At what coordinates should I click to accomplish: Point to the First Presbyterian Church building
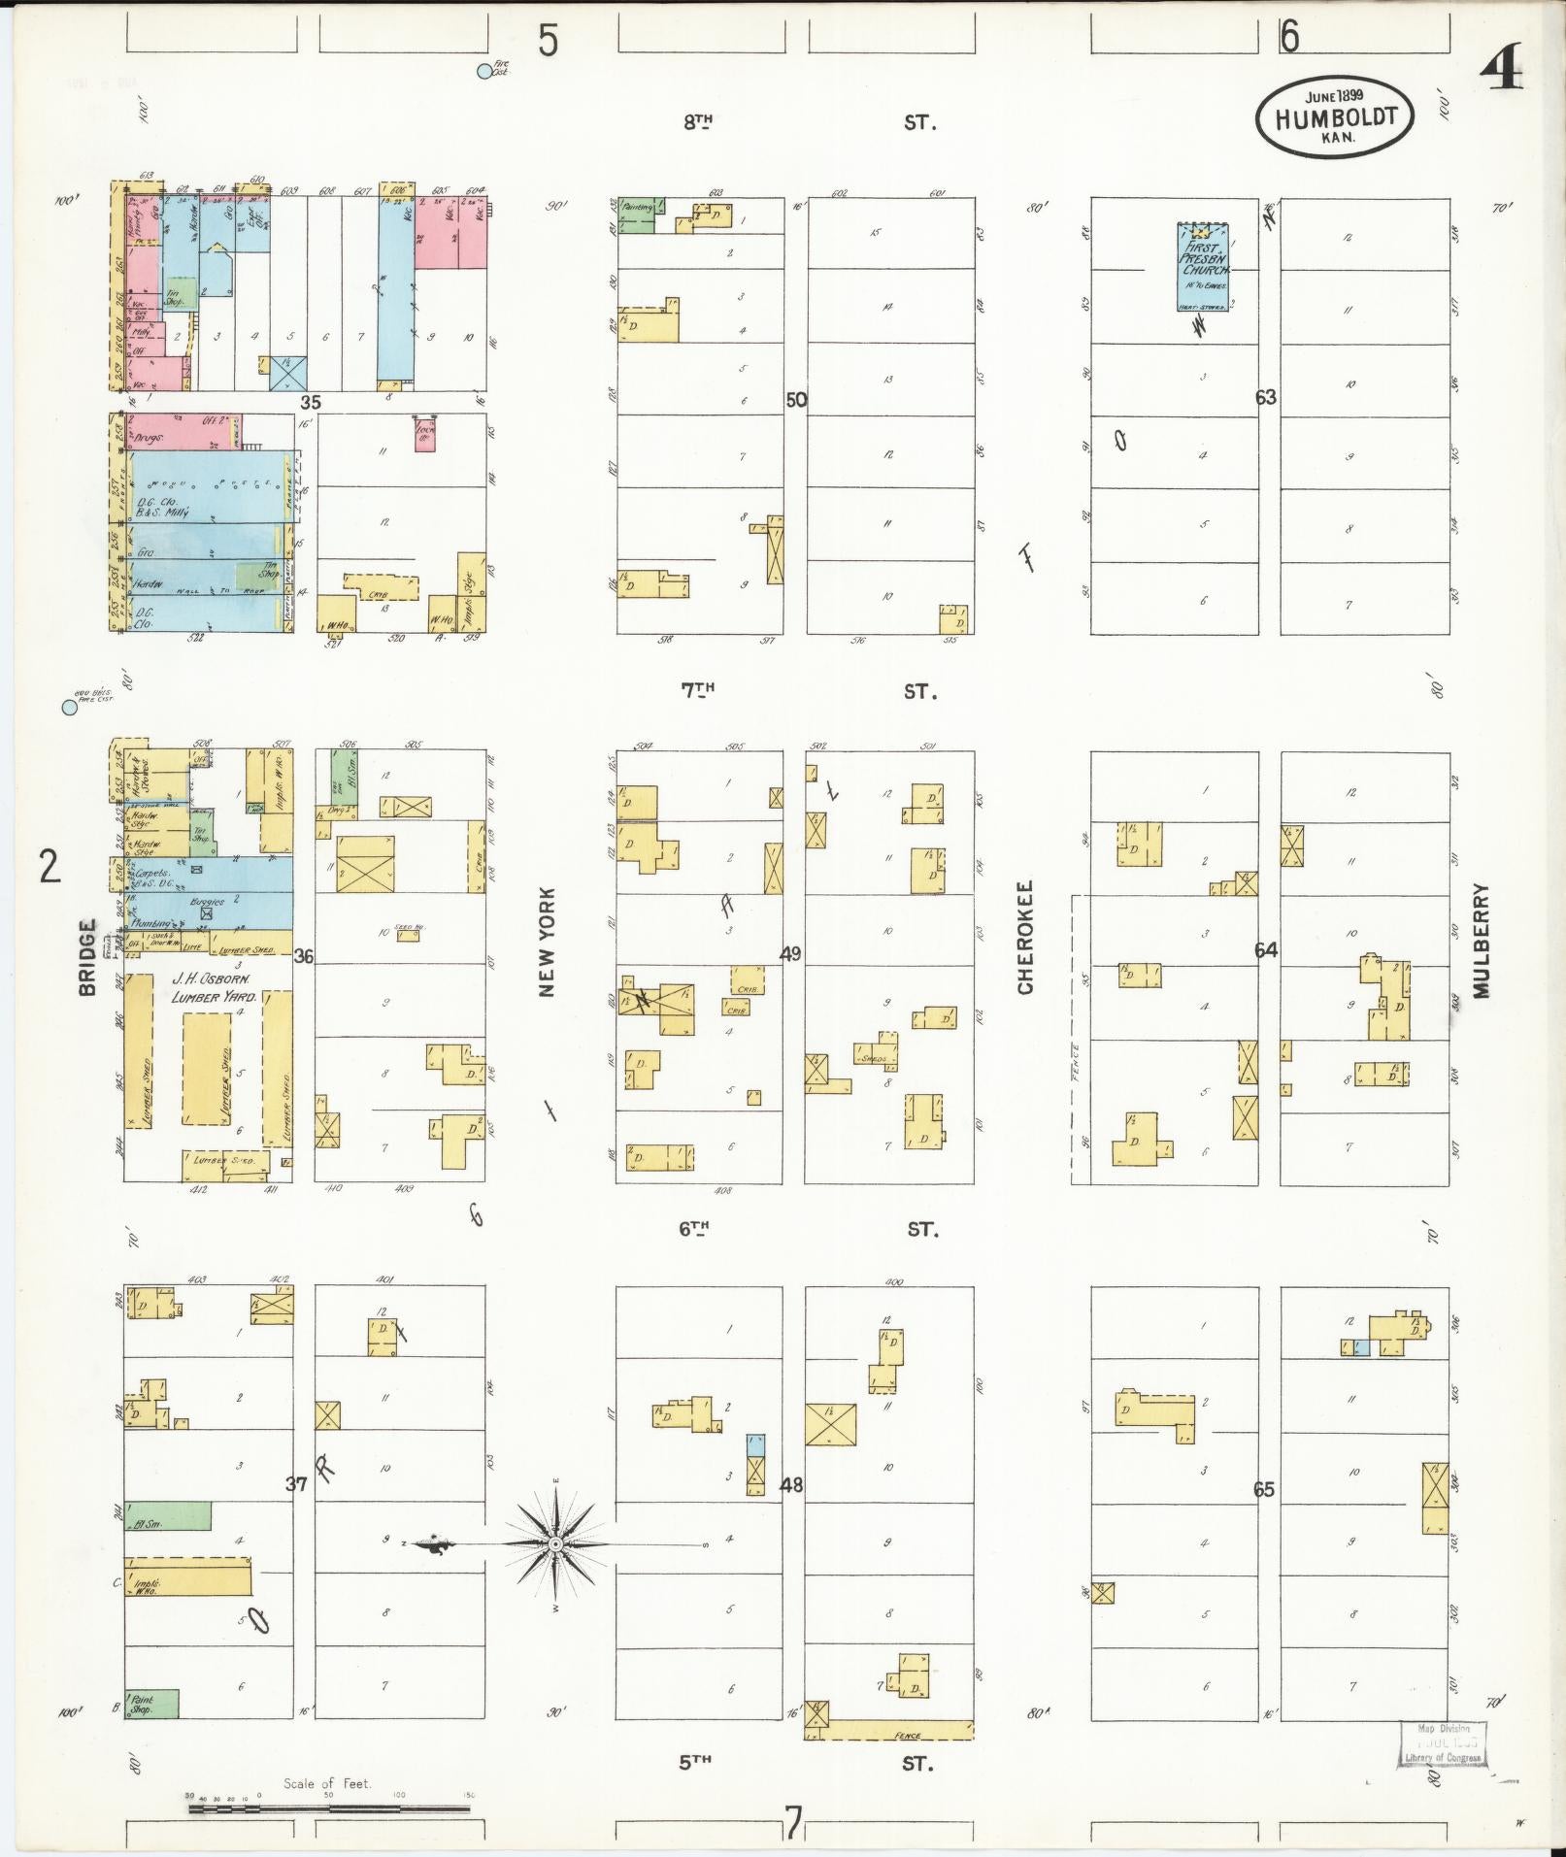click(x=1204, y=266)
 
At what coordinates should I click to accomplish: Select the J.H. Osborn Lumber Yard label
click(x=213, y=988)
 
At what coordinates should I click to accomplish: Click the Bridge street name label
click(x=86, y=957)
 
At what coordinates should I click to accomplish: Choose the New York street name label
click(x=546, y=941)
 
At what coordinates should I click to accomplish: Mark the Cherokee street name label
click(x=1025, y=937)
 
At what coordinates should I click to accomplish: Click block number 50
click(x=796, y=399)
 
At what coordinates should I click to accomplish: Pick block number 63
click(x=1265, y=397)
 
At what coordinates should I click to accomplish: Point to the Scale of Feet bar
click(x=330, y=1809)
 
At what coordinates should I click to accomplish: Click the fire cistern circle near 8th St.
click(x=484, y=71)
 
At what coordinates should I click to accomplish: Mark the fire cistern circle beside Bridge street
click(x=69, y=708)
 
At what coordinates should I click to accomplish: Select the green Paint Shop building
click(x=151, y=1704)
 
